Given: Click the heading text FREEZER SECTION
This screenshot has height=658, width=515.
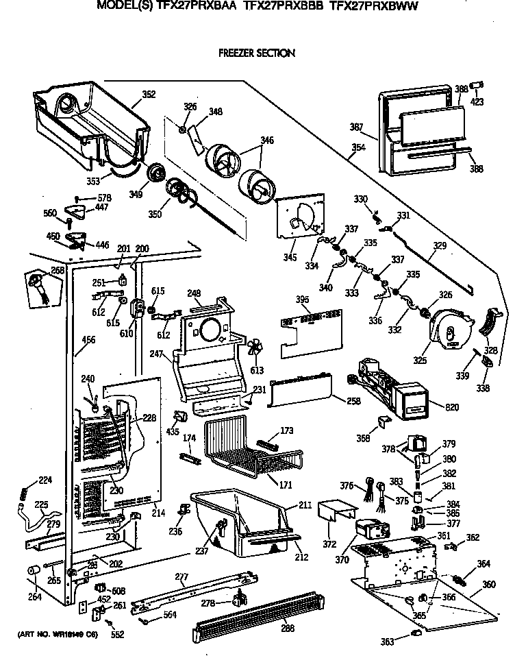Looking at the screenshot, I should (x=256, y=53).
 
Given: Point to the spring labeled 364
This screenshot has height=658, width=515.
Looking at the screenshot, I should (x=466, y=574).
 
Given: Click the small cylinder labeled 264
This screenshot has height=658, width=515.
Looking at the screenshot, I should (x=33, y=571).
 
